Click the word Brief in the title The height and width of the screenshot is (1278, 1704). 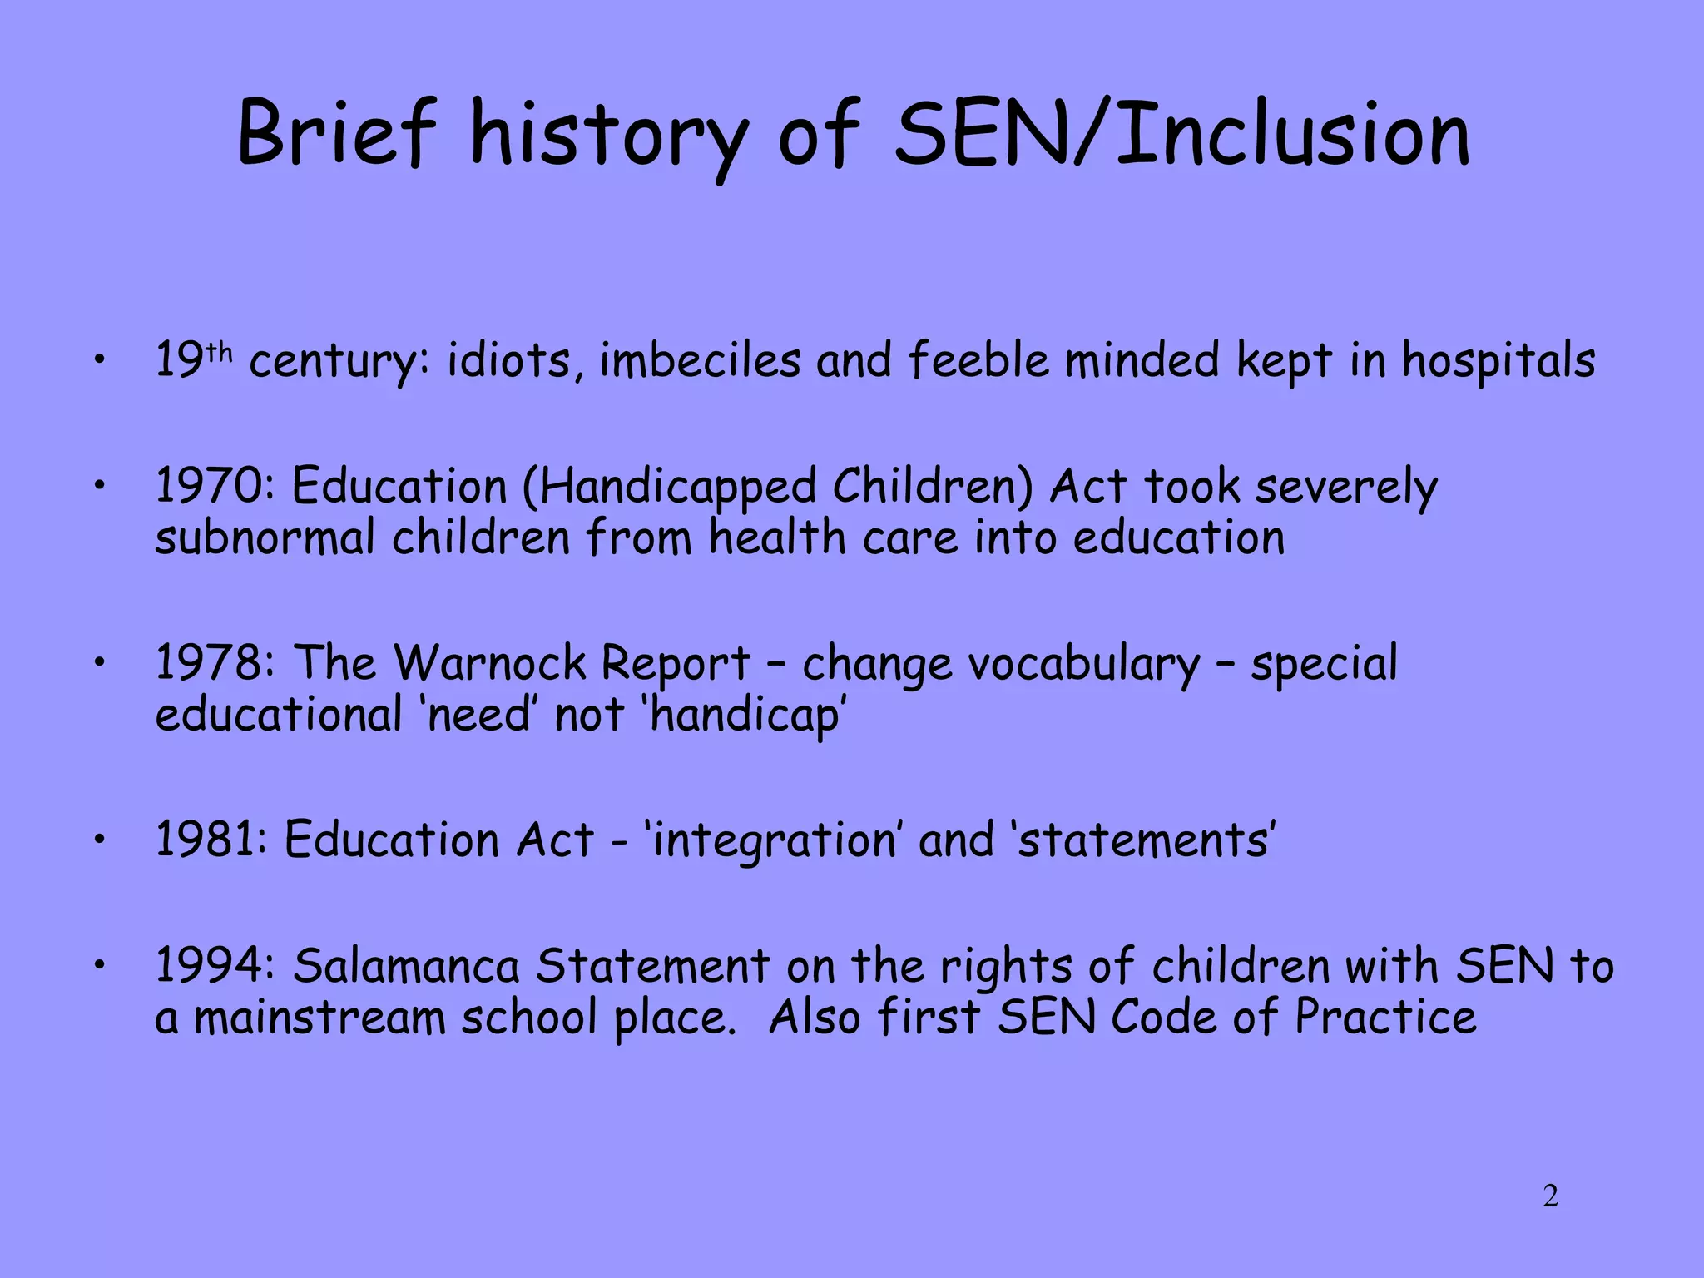pos(336,133)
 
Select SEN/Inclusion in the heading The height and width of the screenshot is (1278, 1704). pos(1181,133)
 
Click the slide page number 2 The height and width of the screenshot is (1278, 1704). pos(1550,1196)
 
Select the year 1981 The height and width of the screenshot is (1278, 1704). pos(211,840)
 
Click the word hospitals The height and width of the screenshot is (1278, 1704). pos(1498,362)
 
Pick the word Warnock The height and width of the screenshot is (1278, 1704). pos(490,663)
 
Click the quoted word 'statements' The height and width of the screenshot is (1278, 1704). pos(1143,840)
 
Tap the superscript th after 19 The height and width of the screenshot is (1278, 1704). pos(219,352)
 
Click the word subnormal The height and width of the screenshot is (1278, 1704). pos(265,538)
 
